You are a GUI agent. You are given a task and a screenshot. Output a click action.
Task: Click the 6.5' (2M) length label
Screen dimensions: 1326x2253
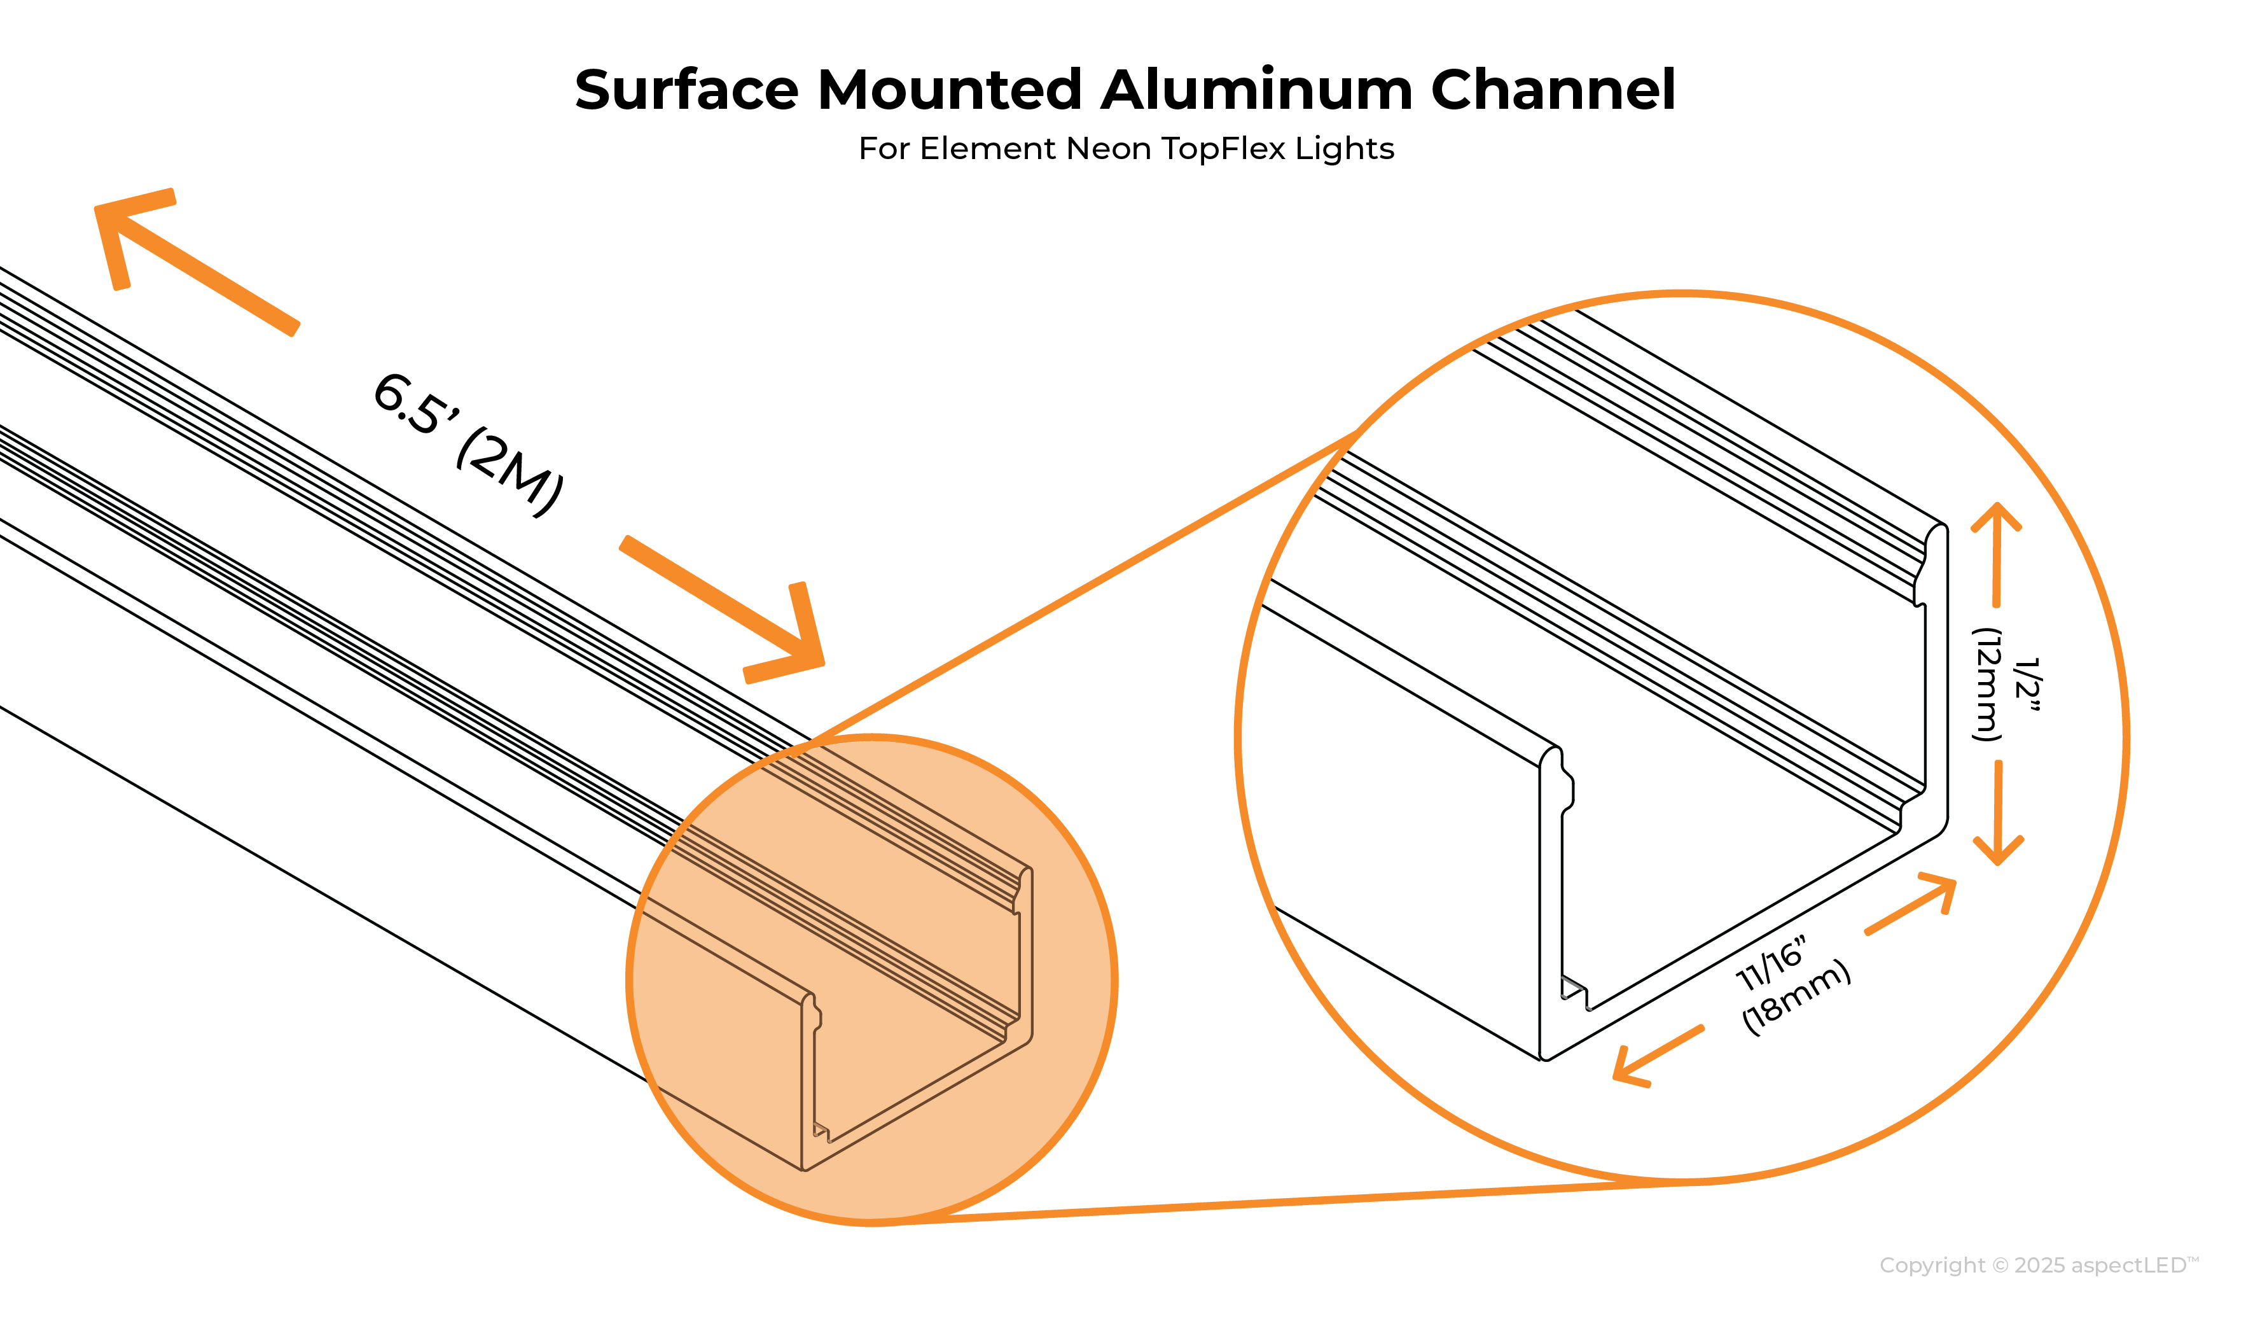click(468, 444)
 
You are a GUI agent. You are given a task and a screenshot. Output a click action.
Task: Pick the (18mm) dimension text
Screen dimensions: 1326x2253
click(1797, 999)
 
